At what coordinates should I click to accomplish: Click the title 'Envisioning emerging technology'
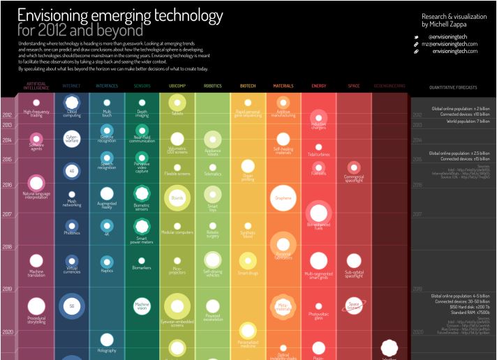pos(120,15)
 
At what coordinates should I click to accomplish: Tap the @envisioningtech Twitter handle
pos(454,36)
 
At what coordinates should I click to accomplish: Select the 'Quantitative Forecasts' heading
pos(454,87)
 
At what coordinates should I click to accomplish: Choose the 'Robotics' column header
pos(212,86)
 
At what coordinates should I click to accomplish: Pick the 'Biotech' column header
pos(248,86)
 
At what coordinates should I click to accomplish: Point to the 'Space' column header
pos(354,86)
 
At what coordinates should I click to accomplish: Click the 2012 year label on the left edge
pos(8,115)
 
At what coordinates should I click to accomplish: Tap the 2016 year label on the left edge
pos(8,186)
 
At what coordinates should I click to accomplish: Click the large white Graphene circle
pos(283,197)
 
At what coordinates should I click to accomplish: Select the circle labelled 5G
pos(71,306)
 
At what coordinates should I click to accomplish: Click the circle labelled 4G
pos(71,170)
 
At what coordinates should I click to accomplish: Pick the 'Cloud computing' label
pos(71,115)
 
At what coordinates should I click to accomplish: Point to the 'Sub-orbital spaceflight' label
pos(354,275)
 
